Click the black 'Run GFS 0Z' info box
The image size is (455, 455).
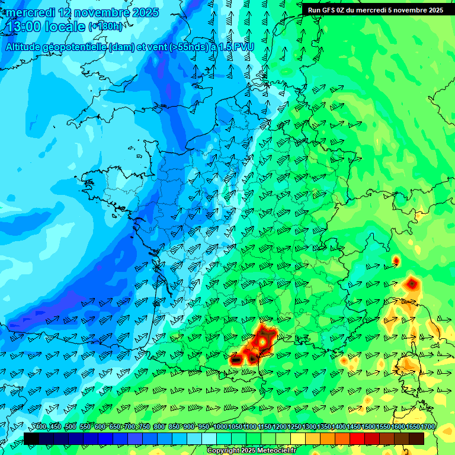375,10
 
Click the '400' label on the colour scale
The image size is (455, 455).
40,427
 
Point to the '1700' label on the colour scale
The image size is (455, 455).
427,427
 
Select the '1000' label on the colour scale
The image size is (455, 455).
220,427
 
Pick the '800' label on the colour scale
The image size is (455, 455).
159,427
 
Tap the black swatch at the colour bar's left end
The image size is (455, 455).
31,438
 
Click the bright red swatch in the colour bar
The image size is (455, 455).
357,438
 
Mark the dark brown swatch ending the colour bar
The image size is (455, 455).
416,438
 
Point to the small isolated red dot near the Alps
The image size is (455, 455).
396,260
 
